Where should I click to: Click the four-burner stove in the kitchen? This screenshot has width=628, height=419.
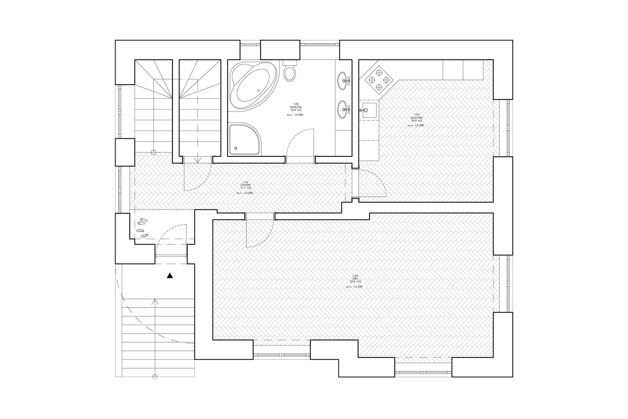click(379, 80)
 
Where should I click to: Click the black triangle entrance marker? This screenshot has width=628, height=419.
click(170, 275)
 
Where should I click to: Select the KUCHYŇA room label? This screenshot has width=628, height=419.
click(417, 118)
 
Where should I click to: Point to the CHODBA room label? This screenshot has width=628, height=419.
click(245, 185)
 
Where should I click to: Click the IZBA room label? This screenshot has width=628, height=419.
click(355, 278)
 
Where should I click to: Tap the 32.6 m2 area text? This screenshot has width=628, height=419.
click(355, 281)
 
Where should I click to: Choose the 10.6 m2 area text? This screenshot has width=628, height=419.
click(296, 110)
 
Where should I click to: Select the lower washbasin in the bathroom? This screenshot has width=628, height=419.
click(344, 109)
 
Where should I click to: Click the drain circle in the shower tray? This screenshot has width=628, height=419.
click(236, 148)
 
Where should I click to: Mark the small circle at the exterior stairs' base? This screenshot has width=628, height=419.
click(154, 377)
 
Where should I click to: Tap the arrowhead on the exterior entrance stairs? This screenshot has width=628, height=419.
click(154, 301)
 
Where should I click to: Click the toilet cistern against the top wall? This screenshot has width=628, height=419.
click(290, 63)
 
